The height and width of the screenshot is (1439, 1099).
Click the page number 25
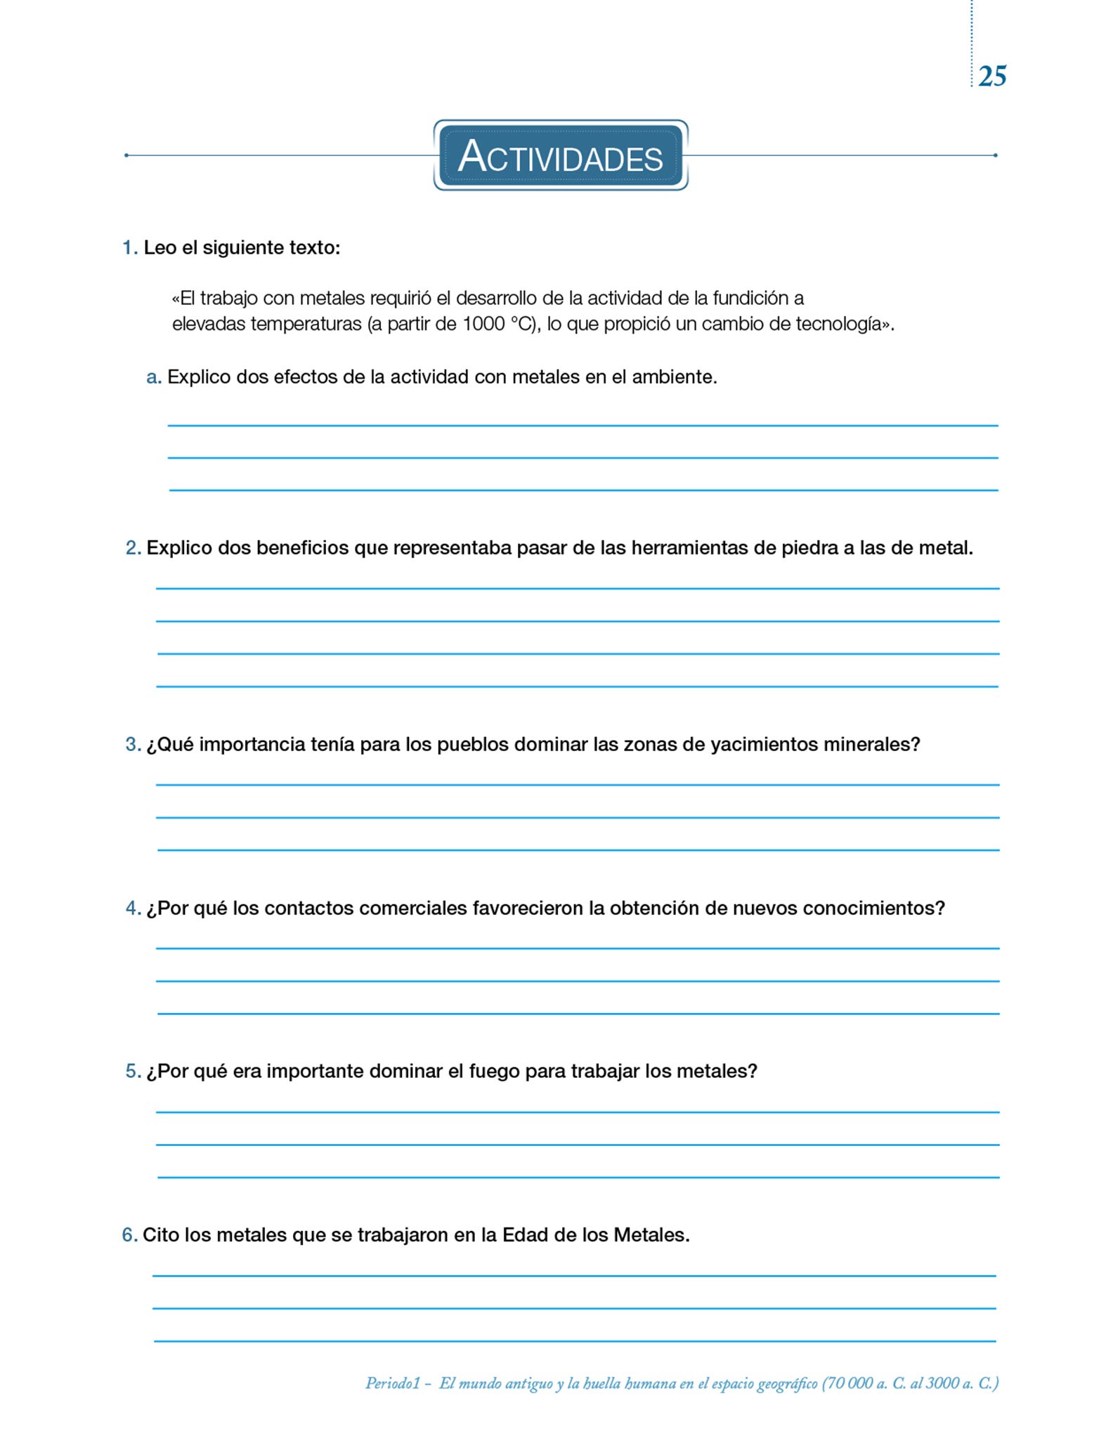pos(991,76)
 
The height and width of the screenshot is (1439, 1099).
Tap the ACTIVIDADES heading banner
pos(560,155)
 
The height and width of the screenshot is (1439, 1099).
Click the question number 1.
pos(129,248)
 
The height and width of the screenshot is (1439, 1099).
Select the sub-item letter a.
pos(152,377)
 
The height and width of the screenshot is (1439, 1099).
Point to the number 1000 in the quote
pos(483,324)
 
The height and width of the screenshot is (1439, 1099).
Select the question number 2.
pos(132,548)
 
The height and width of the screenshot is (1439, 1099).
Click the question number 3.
pos(132,745)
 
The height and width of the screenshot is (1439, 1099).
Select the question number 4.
pos(132,909)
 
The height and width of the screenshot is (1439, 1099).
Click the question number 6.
pos(129,1235)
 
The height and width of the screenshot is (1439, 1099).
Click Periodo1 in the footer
pos(392,1383)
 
